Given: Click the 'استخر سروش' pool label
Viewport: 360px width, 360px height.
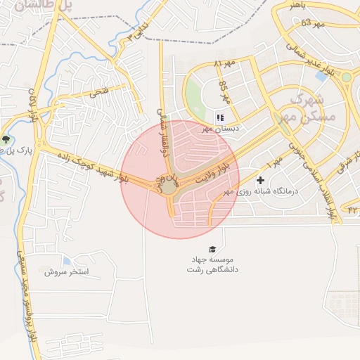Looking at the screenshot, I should click(x=65, y=271).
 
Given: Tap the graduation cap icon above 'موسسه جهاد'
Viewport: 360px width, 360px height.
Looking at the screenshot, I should click(x=212, y=249).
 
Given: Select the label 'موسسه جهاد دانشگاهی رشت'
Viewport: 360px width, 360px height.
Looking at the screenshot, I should click(x=212, y=264).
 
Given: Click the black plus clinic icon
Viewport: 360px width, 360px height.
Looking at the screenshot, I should click(x=260, y=181).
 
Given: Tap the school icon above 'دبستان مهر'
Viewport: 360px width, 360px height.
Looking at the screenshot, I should click(x=220, y=118).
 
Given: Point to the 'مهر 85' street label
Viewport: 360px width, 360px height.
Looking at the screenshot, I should click(x=224, y=91).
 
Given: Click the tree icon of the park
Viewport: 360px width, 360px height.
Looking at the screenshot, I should click(x=6, y=139).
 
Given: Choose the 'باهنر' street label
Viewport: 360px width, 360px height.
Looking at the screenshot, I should click(x=298, y=5).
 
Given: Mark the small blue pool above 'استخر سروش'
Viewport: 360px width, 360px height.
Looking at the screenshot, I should click(x=67, y=260).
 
